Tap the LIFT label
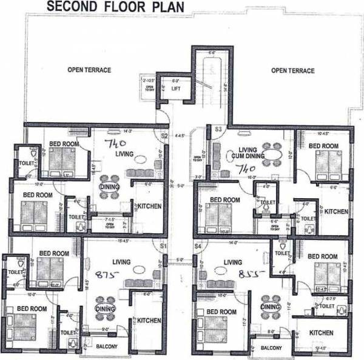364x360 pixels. [x=176, y=88]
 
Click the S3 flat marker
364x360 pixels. [x=218, y=130]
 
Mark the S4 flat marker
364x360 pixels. [x=197, y=246]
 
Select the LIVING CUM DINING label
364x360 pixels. [x=238, y=154]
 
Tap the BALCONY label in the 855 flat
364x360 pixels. [x=271, y=348]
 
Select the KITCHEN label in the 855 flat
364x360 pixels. [x=322, y=333]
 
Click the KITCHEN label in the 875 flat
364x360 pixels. [x=148, y=320]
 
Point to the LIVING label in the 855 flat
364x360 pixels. [x=232, y=262]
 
